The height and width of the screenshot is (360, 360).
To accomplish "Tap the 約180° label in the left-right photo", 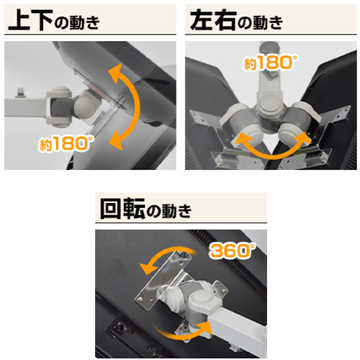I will click(269, 63).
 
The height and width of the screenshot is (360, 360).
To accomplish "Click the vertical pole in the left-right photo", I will click(270, 86).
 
